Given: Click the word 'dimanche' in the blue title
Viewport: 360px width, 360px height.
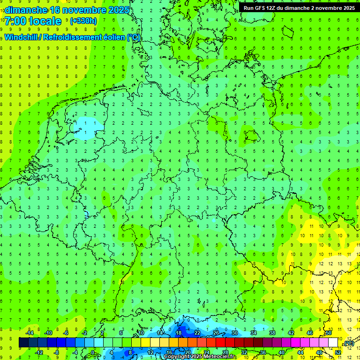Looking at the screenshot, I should (25, 10).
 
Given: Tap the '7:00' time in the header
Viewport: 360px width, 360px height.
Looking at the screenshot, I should (15, 21).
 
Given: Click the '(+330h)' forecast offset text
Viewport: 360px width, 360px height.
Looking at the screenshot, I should (83, 21).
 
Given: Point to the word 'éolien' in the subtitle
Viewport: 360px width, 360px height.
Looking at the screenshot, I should (112, 37).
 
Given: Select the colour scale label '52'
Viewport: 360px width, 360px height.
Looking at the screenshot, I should (338, 352).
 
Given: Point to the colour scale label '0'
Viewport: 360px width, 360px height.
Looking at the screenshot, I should (93, 352).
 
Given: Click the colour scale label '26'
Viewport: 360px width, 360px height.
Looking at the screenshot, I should (216, 333).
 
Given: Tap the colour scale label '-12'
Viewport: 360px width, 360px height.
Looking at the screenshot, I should (39, 352).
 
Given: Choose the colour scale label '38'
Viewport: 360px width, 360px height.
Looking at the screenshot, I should (272, 333).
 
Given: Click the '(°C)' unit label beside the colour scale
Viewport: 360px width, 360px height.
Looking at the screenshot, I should (349, 344).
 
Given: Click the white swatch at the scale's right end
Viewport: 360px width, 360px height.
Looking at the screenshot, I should (333, 343).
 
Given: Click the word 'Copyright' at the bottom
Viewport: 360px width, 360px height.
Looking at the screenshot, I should (176, 357).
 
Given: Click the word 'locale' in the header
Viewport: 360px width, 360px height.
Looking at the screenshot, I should (45, 21).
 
